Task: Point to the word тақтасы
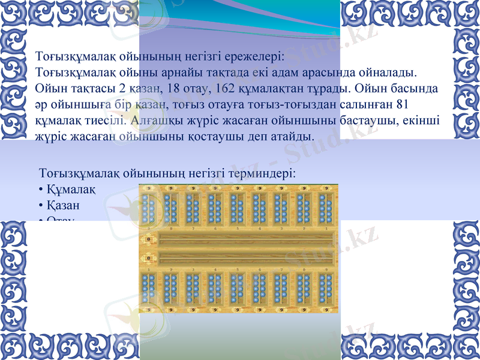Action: pos(94,89)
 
